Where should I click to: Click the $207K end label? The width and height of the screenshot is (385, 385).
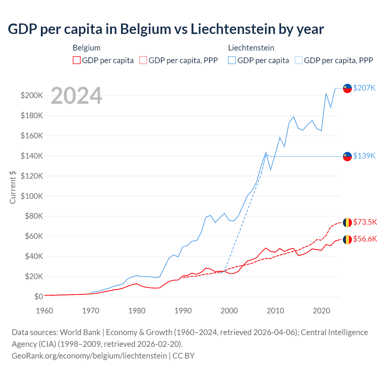tap(364, 88)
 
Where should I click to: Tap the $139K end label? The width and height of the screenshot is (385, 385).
tap(364, 156)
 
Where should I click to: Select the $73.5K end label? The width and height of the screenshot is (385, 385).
tap(365, 222)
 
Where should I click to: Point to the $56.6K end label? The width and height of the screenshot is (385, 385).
tap(365, 239)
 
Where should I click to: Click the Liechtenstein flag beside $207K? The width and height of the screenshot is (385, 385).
tap(347, 88)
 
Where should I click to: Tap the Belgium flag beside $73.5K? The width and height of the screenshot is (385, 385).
tap(347, 223)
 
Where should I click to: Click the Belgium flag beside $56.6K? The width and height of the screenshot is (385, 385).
tap(347, 239)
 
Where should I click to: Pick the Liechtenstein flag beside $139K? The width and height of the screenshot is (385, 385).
tap(347, 156)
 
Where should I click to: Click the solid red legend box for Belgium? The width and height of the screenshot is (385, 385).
tap(77, 60)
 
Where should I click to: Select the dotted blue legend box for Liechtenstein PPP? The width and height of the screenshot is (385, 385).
tap(299, 60)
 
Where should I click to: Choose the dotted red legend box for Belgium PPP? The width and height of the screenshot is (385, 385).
tap(143, 60)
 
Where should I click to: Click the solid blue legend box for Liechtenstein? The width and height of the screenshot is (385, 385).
tap(232, 60)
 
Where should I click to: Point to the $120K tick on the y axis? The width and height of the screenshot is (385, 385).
tap(32, 176)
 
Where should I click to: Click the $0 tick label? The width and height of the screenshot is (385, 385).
tap(38, 297)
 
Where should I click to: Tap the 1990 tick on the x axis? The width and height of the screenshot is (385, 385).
tap(183, 311)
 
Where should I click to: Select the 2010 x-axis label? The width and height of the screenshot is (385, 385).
tap(275, 311)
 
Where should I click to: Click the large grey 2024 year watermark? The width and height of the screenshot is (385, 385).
tap(76, 96)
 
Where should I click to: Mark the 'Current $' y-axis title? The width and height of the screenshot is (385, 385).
tap(13, 187)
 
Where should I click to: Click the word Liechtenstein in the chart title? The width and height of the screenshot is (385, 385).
tap(233, 29)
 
